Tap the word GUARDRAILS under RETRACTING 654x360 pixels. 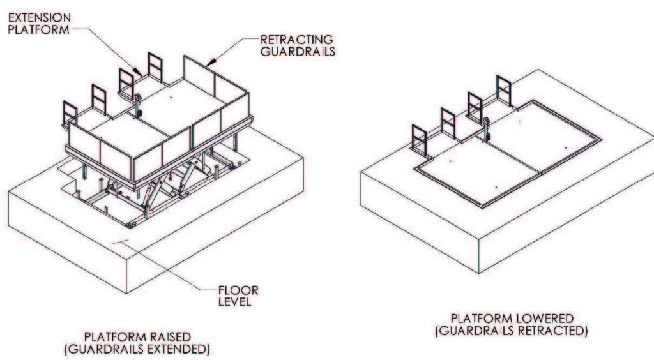297,51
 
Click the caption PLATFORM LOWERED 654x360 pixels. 512,318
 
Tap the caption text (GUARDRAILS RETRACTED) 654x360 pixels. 512,330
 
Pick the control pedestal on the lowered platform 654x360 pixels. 487,128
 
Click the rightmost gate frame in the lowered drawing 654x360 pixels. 503,89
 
